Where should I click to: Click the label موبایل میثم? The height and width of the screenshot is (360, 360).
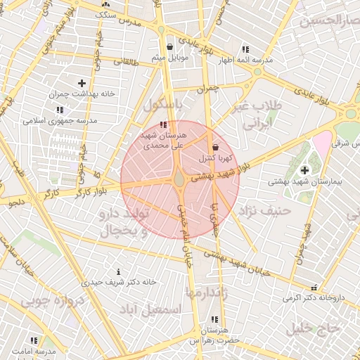169,57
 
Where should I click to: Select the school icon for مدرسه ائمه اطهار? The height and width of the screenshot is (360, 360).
245,49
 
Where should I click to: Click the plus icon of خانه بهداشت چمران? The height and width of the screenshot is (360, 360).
82,83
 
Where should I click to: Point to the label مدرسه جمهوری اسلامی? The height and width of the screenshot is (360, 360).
60,120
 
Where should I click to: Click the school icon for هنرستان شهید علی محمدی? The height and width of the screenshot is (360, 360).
164,124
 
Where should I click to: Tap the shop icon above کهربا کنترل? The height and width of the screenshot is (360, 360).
214,148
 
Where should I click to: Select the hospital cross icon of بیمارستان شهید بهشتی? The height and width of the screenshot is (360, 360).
304,169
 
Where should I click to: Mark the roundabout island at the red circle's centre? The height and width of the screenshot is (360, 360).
180,180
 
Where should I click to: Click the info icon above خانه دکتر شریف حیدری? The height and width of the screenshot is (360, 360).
118,271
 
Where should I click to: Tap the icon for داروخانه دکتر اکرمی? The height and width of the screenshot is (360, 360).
314,288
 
